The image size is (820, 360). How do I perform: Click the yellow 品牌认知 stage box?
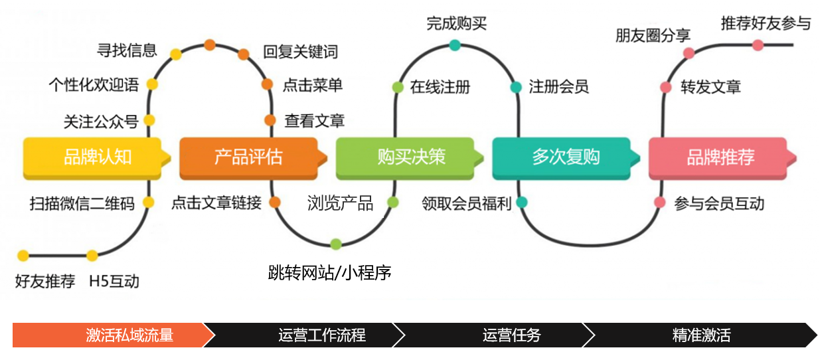93,157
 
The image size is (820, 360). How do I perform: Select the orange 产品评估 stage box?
248,157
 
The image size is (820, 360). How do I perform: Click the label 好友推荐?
44,281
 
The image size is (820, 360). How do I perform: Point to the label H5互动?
114,281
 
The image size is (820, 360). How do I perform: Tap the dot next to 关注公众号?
149,120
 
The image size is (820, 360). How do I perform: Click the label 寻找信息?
127,49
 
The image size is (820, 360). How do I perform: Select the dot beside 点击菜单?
267,84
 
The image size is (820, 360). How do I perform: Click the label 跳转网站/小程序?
329,272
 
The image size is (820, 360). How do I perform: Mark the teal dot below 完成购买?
454,45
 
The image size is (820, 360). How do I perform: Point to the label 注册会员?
558,86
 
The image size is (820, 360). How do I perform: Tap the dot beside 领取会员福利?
522,202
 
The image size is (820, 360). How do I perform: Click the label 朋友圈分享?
653,35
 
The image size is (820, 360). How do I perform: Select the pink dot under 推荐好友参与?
758,45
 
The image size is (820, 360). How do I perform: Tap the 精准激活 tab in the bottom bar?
701,335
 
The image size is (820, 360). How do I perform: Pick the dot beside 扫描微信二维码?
149,202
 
